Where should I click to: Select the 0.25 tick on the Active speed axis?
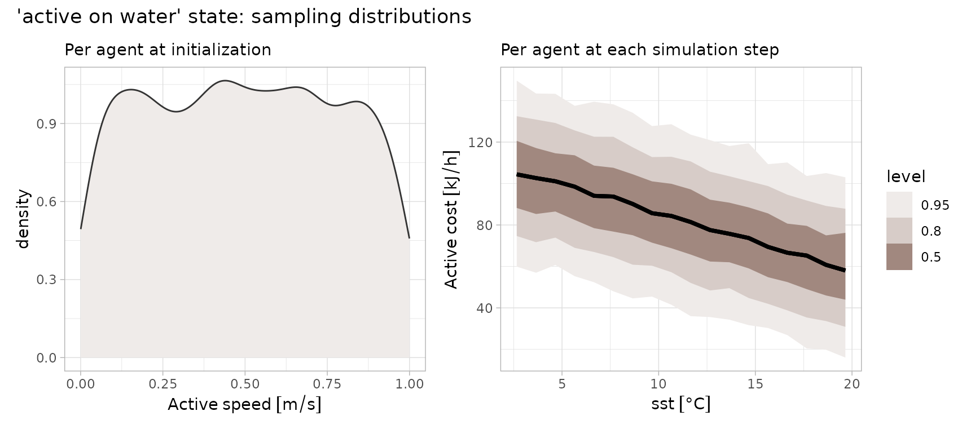[162, 384]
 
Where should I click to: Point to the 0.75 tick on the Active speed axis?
[327, 384]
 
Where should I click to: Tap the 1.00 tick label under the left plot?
[409, 384]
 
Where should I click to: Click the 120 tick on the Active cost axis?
[481, 143]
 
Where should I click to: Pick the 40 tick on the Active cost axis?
[484, 308]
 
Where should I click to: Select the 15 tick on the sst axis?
[755, 384]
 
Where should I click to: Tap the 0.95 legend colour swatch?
[899, 205]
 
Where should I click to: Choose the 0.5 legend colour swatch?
[899, 257]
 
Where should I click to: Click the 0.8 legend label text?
[931, 231]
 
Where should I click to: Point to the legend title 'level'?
[906, 177]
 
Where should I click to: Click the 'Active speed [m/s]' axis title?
[244, 405]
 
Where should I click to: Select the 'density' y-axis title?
[23, 219]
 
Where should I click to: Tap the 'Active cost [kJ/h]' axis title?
[451, 219]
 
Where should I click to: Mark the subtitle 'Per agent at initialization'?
[168, 50]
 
